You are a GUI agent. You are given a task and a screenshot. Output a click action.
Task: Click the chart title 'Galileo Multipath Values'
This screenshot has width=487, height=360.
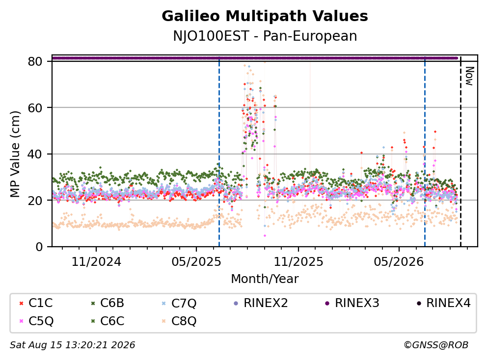[265, 16]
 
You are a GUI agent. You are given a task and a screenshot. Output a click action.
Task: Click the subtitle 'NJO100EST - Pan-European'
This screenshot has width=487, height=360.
[265, 36]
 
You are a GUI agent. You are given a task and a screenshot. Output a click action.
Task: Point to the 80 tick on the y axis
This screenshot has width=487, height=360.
[35, 61]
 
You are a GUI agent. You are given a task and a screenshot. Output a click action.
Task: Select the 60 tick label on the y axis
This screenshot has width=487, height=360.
[35, 108]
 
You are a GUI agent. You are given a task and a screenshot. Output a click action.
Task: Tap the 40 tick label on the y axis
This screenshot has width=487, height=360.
[35, 154]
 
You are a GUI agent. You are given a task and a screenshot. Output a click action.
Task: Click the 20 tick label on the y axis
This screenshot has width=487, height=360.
[35, 201]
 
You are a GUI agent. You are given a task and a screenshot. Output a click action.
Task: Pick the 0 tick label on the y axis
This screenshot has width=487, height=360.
[39, 247]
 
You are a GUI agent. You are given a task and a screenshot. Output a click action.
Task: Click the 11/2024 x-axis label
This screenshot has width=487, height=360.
[96, 262]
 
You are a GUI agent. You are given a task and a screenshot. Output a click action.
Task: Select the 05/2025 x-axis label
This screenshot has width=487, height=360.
[196, 262]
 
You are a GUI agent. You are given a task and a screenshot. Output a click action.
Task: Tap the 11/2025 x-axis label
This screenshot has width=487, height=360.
[298, 262]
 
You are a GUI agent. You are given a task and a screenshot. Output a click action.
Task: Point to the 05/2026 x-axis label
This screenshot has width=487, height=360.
[399, 262]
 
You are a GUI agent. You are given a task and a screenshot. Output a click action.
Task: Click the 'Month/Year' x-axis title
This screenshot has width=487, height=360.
[265, 279]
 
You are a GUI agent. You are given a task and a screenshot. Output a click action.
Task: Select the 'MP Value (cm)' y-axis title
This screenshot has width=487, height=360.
[15, 154]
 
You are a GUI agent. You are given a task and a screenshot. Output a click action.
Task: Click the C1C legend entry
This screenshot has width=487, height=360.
[36, 303]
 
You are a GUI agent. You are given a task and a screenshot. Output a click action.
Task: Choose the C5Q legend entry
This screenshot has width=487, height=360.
[36, 321]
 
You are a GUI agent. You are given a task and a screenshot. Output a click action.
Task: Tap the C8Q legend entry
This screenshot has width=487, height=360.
[179, 321]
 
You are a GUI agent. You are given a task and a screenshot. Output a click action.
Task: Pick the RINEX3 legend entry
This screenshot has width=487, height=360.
[352, 303]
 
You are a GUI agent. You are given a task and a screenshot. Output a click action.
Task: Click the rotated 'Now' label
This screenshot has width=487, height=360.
[469, 76]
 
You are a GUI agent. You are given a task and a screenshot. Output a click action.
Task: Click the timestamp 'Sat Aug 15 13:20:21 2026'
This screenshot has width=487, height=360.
[72, 345]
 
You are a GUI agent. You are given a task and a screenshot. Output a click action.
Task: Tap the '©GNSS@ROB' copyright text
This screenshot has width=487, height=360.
[436, 345]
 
